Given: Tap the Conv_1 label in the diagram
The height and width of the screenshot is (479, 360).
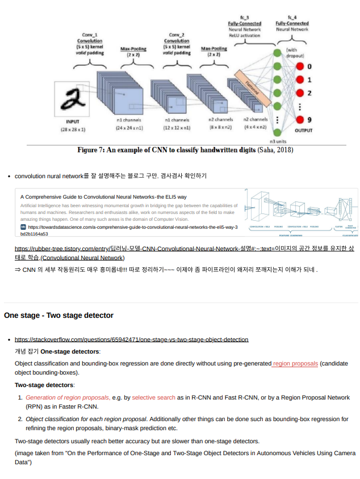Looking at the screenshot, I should [89, 35].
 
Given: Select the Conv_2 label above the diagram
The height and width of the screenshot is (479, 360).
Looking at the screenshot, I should [177, 35].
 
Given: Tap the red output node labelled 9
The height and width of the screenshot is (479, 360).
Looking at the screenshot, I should [300, 120].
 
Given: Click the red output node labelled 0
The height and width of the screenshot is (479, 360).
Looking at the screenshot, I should [300, 67].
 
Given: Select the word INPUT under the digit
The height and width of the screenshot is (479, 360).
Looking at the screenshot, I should [73, 121].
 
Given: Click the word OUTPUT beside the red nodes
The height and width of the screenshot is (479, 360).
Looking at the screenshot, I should [303, 130].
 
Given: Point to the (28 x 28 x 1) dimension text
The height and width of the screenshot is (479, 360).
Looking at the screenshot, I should [73, 130].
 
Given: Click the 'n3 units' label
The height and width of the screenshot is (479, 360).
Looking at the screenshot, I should [278, 141].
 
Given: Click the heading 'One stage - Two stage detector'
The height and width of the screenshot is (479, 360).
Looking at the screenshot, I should [58, 315].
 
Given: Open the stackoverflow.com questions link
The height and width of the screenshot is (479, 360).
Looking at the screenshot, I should [131, 339].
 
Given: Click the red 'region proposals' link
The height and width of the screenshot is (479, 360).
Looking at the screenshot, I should [295, 363].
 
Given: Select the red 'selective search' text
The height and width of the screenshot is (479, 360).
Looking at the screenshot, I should [154, 397].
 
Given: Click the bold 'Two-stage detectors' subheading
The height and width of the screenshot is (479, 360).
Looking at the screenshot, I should [44, 385].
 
